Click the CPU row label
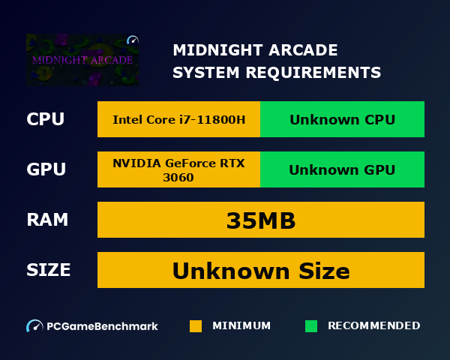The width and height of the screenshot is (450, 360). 45,119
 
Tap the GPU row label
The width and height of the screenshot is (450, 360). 46,169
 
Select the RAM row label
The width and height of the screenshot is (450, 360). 47,220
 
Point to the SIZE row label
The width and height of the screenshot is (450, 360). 49,270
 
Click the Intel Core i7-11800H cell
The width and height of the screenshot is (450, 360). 178,119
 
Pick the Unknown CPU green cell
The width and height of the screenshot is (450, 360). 342,119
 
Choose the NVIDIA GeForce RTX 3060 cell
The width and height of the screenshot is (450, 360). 178,170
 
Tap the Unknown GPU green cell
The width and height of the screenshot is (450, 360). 342,170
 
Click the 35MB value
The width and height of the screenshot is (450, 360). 260,220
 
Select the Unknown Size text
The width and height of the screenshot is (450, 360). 260,271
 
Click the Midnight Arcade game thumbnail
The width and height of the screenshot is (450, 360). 82,60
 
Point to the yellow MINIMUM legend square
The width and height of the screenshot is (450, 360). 196,326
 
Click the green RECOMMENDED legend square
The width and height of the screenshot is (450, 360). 311,326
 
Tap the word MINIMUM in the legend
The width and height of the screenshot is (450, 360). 241,326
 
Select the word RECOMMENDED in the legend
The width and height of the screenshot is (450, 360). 373,326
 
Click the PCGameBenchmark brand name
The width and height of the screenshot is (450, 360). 102,326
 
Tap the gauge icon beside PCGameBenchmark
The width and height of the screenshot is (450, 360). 34,326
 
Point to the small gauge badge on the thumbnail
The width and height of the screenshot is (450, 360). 133,40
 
